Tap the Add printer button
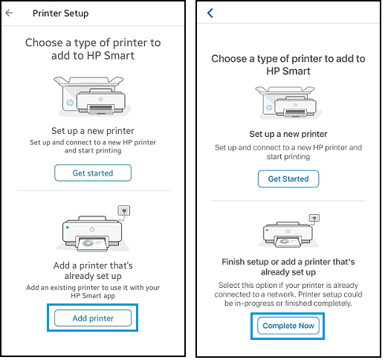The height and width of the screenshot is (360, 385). click(93, 318)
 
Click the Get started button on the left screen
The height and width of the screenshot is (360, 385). click(93, 173)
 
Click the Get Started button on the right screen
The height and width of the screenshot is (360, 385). click(288, 179)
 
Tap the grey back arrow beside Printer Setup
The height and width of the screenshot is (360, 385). click(9, 13)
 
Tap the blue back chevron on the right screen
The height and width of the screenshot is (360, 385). click(210, 13)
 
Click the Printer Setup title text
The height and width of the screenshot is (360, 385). click(61, 13)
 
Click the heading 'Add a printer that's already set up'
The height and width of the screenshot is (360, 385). click(93, 271)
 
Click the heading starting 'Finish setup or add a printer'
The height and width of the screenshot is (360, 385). click(287, 267)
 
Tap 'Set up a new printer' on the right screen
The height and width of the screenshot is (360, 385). click(287, 135)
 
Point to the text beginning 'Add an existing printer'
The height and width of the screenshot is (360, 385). click(93, 292)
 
